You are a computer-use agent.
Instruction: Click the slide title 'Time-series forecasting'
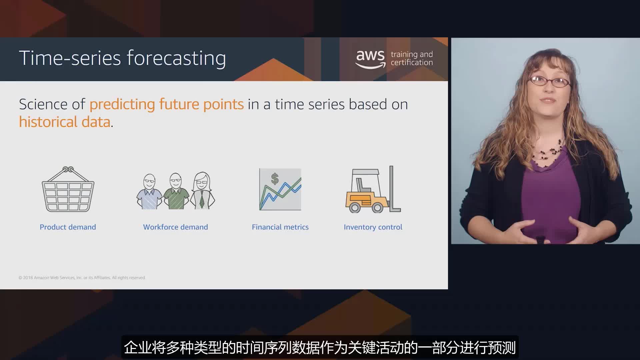[122, 58]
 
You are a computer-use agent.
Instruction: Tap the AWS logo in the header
[370, 59]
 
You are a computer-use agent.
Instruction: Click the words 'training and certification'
[412, 58]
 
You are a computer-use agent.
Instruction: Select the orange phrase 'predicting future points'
[167, 104]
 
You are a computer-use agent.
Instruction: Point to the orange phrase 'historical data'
[65, 122]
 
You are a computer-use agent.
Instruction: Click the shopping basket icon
[68, 189]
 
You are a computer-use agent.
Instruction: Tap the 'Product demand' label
[68, 227]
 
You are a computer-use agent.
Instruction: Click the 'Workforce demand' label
[175, 227]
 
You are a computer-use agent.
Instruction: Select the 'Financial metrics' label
[280, 227]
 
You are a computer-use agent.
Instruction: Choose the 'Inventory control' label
[373, 227]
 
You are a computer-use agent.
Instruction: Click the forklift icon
[373, 189]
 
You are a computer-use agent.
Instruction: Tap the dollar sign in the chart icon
[275, 179]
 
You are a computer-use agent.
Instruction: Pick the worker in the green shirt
[175, 191]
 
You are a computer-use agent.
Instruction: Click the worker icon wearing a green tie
[202, 191]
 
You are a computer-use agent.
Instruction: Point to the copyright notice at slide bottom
[82, 278]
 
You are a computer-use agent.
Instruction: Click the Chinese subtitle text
[320, 348]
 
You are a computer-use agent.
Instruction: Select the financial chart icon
[280, 189]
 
